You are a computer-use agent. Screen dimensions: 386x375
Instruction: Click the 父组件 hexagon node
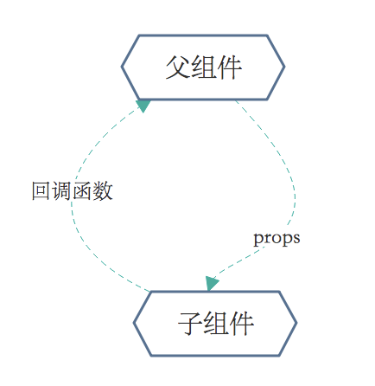(x=203, y=67)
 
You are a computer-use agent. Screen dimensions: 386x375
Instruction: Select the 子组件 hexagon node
(x=215, y=323)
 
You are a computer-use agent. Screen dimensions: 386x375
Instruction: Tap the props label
(x=276, y=237)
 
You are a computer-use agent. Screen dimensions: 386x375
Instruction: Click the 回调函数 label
(x=72, y=191)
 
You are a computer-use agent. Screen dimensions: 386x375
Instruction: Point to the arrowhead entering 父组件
(x=143, y=105)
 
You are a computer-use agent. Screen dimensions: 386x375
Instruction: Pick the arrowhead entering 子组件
(x=212, y=283)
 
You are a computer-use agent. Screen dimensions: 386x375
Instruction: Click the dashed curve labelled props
(x=289, y=173)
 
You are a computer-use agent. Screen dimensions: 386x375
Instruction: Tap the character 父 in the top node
(x=178, y=68)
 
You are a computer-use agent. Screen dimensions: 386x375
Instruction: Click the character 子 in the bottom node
(x=190, y=324)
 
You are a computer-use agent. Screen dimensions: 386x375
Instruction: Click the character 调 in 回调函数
(x=61, y=191)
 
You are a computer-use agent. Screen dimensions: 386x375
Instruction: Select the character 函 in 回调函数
(x=82, y=191)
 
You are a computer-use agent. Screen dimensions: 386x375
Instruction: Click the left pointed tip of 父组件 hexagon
(x=122, y=67)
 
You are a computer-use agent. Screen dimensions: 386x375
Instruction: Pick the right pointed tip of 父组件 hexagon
(x=284, y=67)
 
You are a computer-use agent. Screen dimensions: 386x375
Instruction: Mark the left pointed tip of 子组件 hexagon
(x=134, y=323)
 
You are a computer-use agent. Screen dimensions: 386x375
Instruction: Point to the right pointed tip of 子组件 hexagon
(x=296, y=323)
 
